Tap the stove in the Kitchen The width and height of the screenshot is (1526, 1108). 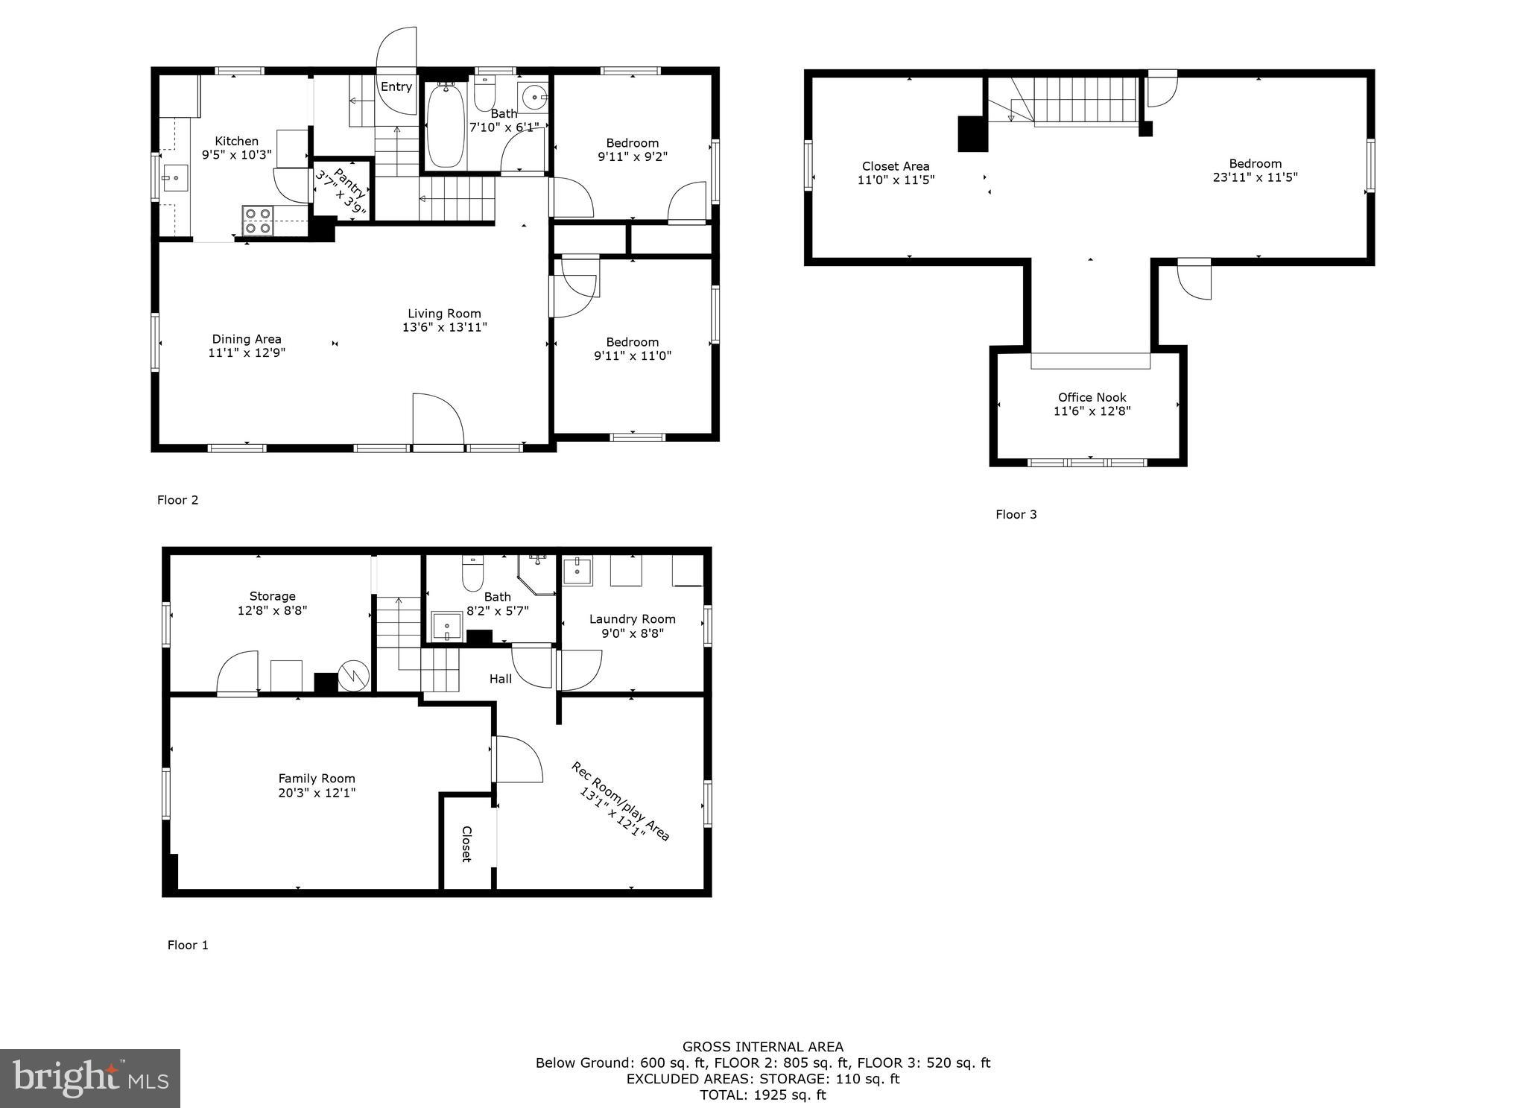(x=257, y=221)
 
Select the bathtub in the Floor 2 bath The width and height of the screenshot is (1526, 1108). (x=446, y=125)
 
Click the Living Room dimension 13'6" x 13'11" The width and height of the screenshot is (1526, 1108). (x=444, y=327)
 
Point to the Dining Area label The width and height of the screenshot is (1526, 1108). (x=247, y=339)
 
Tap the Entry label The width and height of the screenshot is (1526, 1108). (x=396, y=87)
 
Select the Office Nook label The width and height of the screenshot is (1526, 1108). (x=1092, y=397)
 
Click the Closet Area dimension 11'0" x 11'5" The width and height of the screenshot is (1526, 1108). (x=896, y=180)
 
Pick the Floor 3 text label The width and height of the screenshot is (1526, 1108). (x=1016, y=514)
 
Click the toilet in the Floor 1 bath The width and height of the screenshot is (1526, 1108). (x=472, y=573)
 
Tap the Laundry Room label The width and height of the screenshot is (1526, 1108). (x=632, y=618)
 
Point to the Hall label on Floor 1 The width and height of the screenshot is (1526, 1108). (x=501, y=679)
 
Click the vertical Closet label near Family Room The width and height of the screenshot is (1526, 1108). (x=467, y=843)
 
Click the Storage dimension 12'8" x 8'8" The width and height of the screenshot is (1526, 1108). (x=272, y=610)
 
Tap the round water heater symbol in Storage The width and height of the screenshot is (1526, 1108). (x=353, y=676)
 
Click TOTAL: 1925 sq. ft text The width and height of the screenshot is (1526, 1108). (x=762, y=1095)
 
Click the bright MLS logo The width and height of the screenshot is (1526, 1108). (x=90, y=1078)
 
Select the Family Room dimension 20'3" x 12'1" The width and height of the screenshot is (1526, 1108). (x=317, y=793)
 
